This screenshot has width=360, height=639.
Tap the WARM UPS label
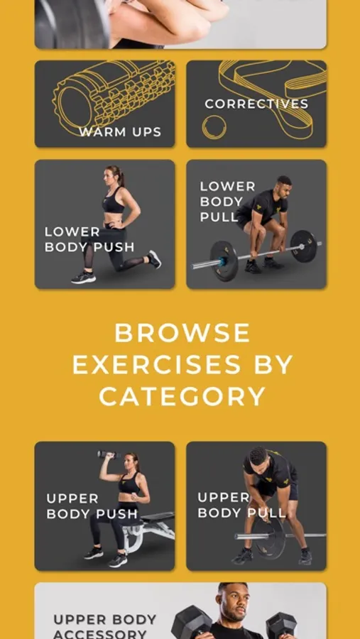coord(120,132)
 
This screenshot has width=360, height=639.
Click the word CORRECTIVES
coord(256,104)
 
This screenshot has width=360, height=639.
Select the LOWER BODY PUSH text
coord(89,239)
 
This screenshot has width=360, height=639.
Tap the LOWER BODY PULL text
coord(227,202)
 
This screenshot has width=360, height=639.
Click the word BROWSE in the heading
coord(182,333)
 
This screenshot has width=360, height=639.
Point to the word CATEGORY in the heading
coord(182,396)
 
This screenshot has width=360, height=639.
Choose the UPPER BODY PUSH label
coord(92,506)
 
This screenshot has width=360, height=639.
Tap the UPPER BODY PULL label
coord(241,505)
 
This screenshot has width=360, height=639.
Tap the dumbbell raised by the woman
coord(109,454)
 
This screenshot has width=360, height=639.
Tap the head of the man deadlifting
coord(284,185)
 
